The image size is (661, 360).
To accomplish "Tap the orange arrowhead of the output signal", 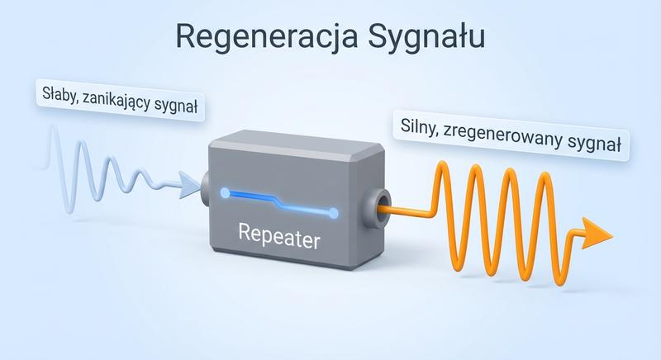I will coord(597,234).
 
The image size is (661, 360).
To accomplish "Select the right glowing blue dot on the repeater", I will coord(333,214).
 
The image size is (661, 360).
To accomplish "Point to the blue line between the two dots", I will coord(279,203).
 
